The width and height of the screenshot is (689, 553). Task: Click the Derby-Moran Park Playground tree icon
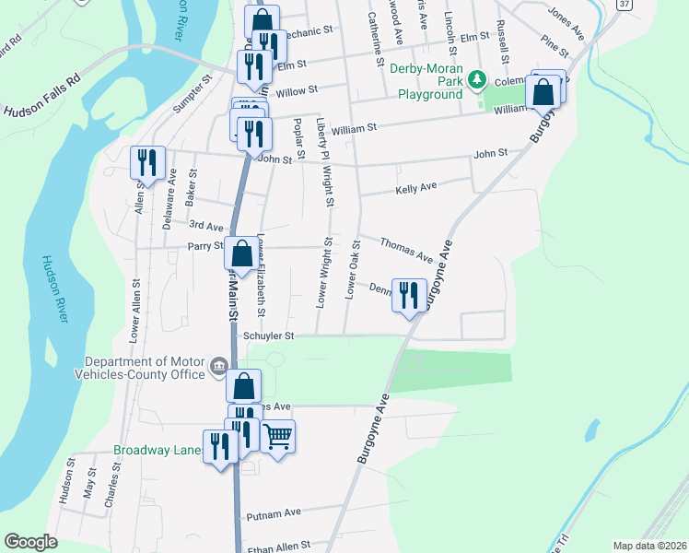476,80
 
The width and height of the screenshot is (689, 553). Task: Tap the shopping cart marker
277,435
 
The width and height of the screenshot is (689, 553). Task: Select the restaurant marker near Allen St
147,163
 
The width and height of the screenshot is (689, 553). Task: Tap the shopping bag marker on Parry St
241,254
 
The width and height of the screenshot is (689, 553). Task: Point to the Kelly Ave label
415,188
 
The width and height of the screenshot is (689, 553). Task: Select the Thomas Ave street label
405,248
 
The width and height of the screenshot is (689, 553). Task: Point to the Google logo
31,541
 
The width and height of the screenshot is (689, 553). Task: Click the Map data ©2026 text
648,546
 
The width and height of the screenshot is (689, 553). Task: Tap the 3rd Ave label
206,226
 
